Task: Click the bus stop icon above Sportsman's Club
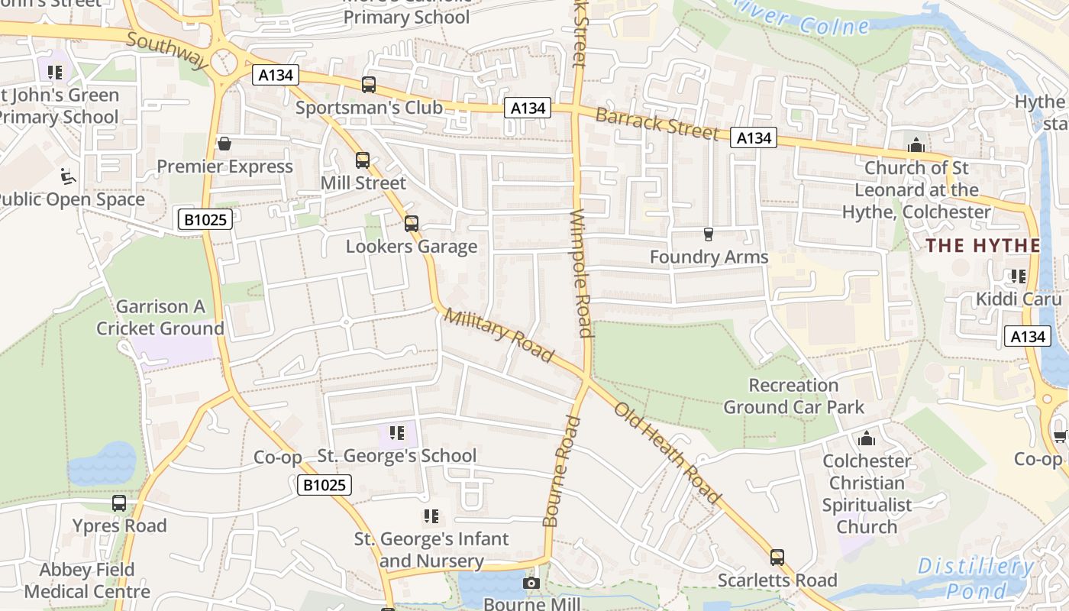click(x=369, y=85)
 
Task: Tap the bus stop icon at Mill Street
click(x=363, y=160)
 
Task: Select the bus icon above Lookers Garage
click(x=412, y=224)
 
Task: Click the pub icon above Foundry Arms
click(x=708, y=234)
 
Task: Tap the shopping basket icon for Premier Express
click(x=224, y=144)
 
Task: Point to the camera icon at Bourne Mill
click(x=531, y=584)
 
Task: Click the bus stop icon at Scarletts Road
click(x=777, y=558)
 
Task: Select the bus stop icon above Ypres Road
click(x=119, y=503)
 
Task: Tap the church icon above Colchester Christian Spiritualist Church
click(x=866, y=438)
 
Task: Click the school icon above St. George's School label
click(x=396, y=434)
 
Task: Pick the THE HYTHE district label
click(x=983, y=245)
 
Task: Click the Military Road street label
click(x=499, y=335)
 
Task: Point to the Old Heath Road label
click(x=668, y=453)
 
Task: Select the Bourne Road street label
click(x=561, y=471)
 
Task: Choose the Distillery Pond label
click(x=975, y=577)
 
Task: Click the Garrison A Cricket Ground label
click(x=160, y=318)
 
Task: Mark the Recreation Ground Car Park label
click(x=794, y=396)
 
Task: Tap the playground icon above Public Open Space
click(x=68, y=176)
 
